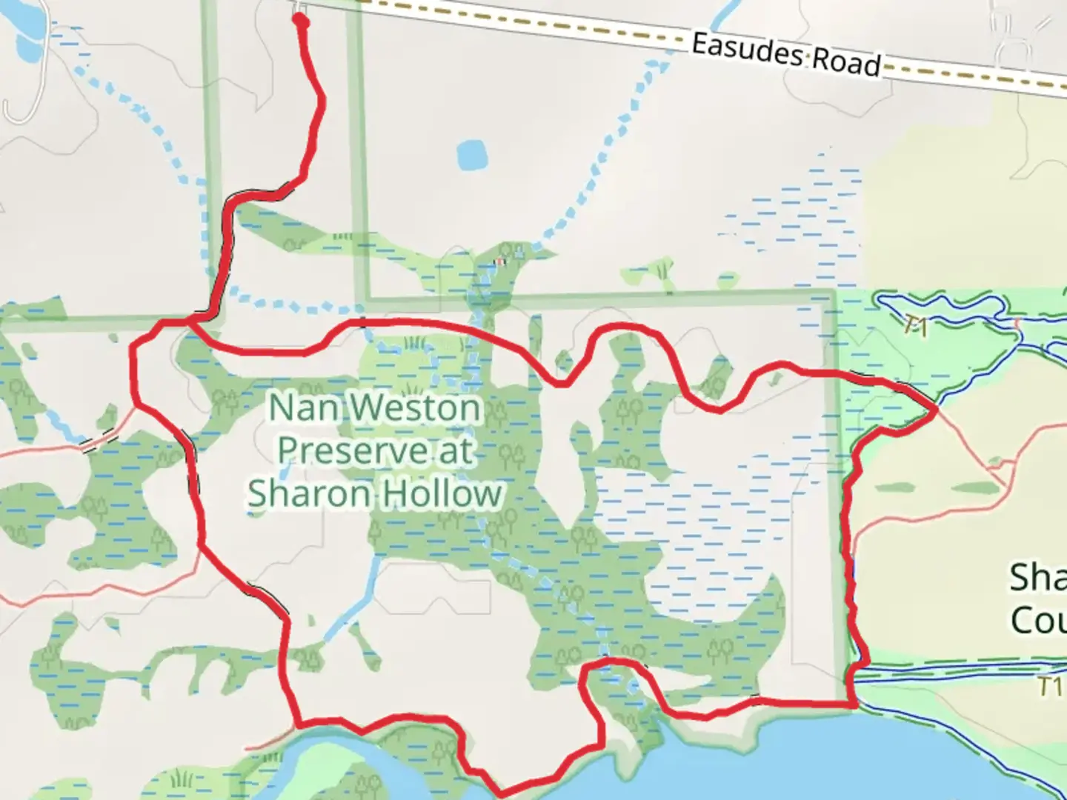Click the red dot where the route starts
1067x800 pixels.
[301, 21]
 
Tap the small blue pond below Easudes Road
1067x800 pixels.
[472, 155]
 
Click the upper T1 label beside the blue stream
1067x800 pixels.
[916, 326]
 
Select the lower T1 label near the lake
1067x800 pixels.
[1050, 687]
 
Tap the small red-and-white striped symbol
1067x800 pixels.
[501, 261]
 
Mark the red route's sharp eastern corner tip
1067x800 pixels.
[937, 408]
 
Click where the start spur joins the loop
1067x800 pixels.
[191, 321]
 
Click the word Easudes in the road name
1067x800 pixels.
[748, 50]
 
